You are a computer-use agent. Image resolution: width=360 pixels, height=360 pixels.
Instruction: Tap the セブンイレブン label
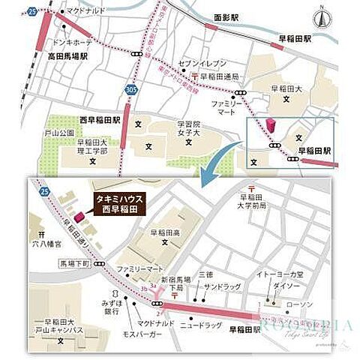tap(197, 62)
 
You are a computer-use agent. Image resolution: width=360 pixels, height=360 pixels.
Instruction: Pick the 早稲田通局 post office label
tap(218, 76)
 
